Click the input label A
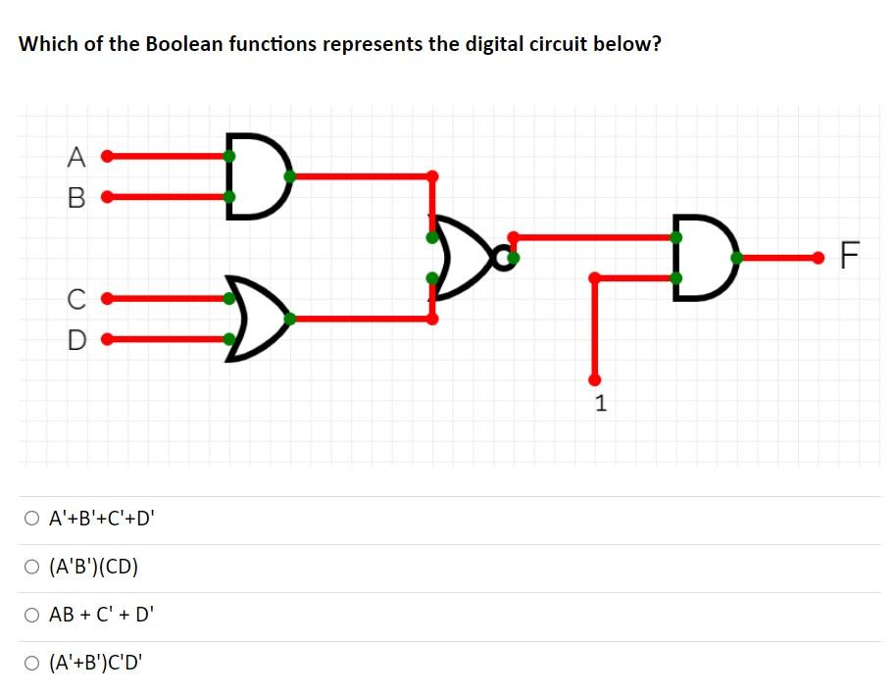[x=76, y=156]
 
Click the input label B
[x=76, y=197]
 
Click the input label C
[x=76, y=297]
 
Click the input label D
[x=76, y=341]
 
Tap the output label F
[x=850, y=259]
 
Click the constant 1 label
[x=600, y=402]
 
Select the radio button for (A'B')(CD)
[x=33, y=568]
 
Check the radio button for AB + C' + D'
[x=33, y=616]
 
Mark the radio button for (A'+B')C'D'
[x=33, y=664]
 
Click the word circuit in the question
[x=557, y=45]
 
